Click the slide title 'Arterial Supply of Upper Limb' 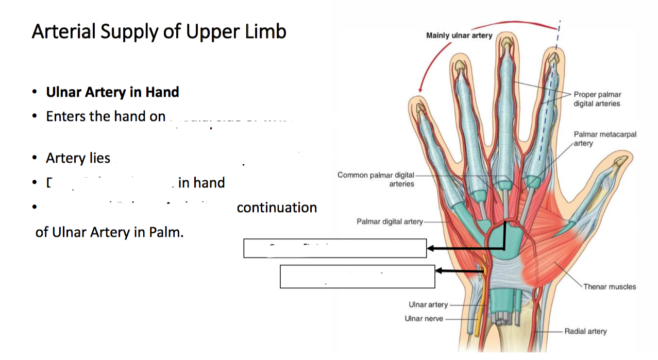pos(159,32)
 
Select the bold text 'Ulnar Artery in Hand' pos(112,92)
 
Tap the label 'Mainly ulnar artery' pos(459,36)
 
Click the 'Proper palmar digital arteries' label pos(597,99)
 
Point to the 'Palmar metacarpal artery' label pos(605,139)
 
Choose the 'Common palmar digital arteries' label pos(376,179)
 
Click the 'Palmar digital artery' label pos(390,221)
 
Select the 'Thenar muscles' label pos(610,286)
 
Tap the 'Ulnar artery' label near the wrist pos(428,305)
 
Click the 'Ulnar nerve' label pos(424,318)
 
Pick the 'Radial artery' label pos(585,331)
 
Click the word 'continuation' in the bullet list pos(277,208)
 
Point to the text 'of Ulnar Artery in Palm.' pos(109,232)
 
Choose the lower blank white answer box pos(357,277)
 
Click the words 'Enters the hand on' pos(106,116)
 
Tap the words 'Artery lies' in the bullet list pos(78,158)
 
